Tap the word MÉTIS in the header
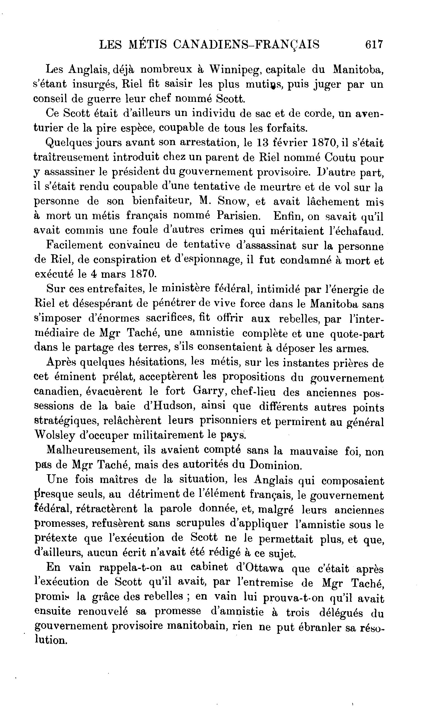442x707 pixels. (x=148, y=44)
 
